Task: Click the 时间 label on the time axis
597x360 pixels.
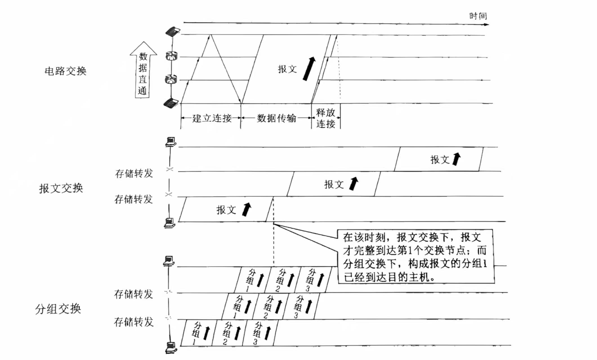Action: [x=478, y=16]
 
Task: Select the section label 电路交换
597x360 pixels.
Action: [x=66, y=71]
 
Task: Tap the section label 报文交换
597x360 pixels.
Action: [x=61, y=188]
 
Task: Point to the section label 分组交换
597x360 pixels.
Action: [x=58, y=309]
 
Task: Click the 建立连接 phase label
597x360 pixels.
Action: [x=212, y=118]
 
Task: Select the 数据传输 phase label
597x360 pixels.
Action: [x=276, y=118]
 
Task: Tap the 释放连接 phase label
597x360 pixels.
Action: [x=326, y=118]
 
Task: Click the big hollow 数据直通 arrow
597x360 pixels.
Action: [x=143, y=70]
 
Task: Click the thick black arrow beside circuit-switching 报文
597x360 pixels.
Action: [x=309, y=69]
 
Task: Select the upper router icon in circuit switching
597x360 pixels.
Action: [x=171, y=56]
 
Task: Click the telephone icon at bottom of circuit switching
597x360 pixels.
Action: [x=171, y=103]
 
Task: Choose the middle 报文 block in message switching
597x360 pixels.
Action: [x=334, y=184]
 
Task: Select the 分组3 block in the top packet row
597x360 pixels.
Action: [x=313, y=280]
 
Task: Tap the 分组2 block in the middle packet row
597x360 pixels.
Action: [x=270, y=306]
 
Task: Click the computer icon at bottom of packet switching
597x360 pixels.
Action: [x=171, y=348]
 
